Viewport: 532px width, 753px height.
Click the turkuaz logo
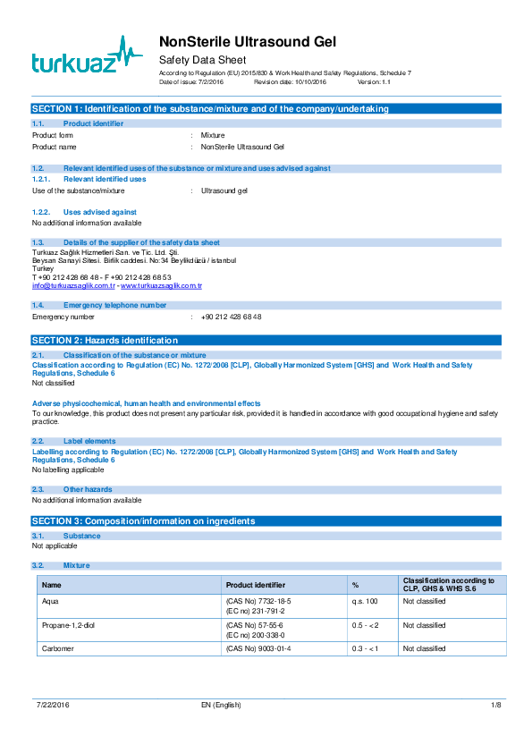click(x=87, y=55)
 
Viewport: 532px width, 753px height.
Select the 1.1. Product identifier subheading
click(x=93, y=123)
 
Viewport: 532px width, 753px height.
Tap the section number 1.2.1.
click(x=40, y=179)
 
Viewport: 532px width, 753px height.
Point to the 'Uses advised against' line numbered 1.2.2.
click(x=100, y=212)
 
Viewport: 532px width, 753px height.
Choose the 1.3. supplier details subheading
click(x=141, y=242)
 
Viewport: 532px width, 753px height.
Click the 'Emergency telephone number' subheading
click(x=114, y=305)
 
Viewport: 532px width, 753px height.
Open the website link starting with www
click(x=162, y=285)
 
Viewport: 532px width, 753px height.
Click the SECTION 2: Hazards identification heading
click(x=105, y=341)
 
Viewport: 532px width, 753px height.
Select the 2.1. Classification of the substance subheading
click(x=134, y=355)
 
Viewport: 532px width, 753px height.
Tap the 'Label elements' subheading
click(x=89, y=441)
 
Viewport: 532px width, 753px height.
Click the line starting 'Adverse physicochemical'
click(x=146, y=403)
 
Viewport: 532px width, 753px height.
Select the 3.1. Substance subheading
click(x=81, y=536)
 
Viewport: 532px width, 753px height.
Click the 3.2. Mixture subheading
click(x=76, y=565)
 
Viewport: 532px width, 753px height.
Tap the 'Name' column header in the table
click(x=52, y=585)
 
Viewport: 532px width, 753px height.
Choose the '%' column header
click(x=355, y=585)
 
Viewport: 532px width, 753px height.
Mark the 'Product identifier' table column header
click(x=256, y=585)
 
